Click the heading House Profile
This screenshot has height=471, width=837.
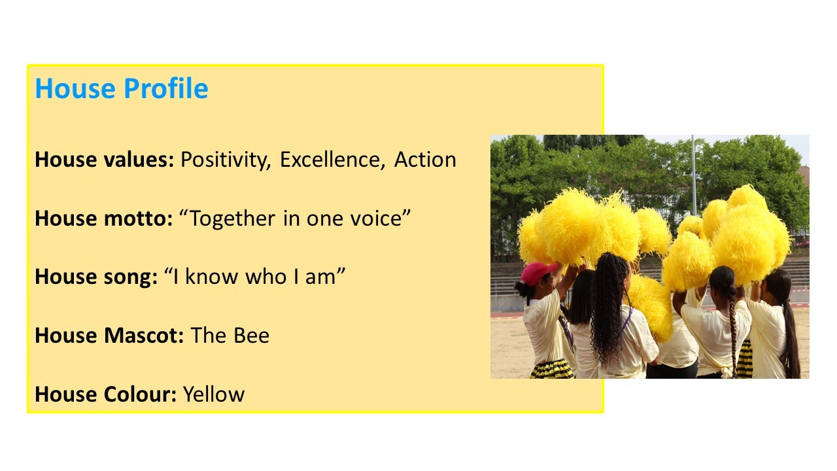(122, 89)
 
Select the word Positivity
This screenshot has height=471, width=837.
(226, 160)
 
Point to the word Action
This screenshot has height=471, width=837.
(425, 160)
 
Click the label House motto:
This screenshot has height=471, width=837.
(104, 218)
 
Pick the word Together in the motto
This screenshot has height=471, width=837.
(233, 218)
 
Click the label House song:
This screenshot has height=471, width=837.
(96, 277)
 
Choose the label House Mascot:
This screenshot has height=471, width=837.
(109, 336)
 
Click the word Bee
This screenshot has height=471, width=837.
(251, 336)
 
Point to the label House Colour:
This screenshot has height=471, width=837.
(106, 394)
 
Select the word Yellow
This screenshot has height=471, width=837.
(214, 394)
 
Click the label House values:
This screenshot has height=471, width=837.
(104, 160)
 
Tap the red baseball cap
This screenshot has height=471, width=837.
(538, 273)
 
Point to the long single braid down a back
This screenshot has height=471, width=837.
(732, 329)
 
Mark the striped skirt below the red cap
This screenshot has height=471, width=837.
(553, 369)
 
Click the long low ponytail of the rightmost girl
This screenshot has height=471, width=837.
(791, 336)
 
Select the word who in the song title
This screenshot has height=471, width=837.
(266, 277)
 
